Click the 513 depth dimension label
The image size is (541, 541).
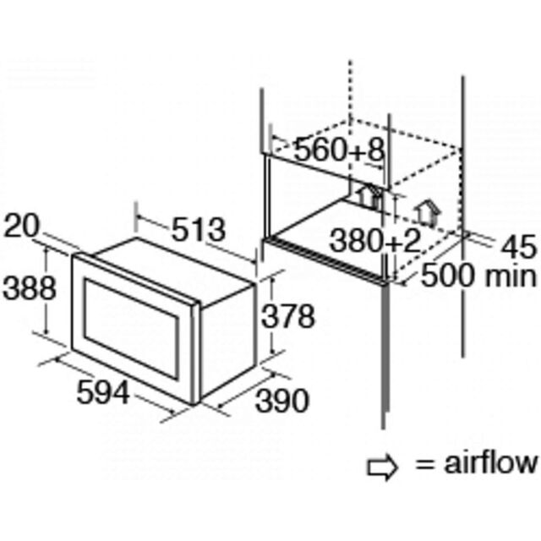[x=198, y=230]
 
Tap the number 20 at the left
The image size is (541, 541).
[x=21, y=226]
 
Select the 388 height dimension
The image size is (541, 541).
[x=29, y=287]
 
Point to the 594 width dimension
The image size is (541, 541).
[x=103, y=392]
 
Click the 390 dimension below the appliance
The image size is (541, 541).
[x=281, y=400]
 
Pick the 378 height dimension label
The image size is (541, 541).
[x=288, y=315]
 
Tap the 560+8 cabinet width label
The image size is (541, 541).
[x=339, y=150]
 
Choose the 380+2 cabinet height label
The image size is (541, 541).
[x=375, y=241]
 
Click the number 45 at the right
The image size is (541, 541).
[x=519, y=247]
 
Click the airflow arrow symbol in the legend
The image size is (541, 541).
[x=382, y=467]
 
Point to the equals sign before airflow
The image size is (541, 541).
[x=424, y=464]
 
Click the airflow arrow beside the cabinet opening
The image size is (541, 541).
[x=428, y=212]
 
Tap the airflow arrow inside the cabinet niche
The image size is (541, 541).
[x=369, y=197]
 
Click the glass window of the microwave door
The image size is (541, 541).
[x=131, y=329]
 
